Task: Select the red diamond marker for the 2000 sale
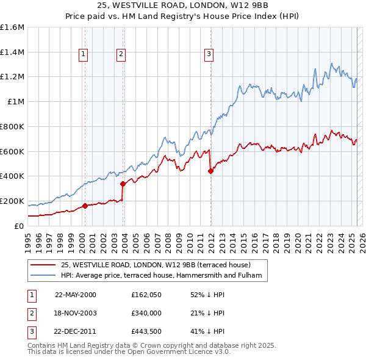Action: tap(85, 206)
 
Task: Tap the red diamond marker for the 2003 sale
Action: tap(123, 183)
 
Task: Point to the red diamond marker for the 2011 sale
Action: tap(210, 171)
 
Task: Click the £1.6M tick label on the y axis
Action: tap(12, 27)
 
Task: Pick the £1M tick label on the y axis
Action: tap(16, 102)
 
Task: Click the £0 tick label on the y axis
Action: tap(20, 226)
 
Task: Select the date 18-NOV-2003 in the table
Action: tap(76, 313)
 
